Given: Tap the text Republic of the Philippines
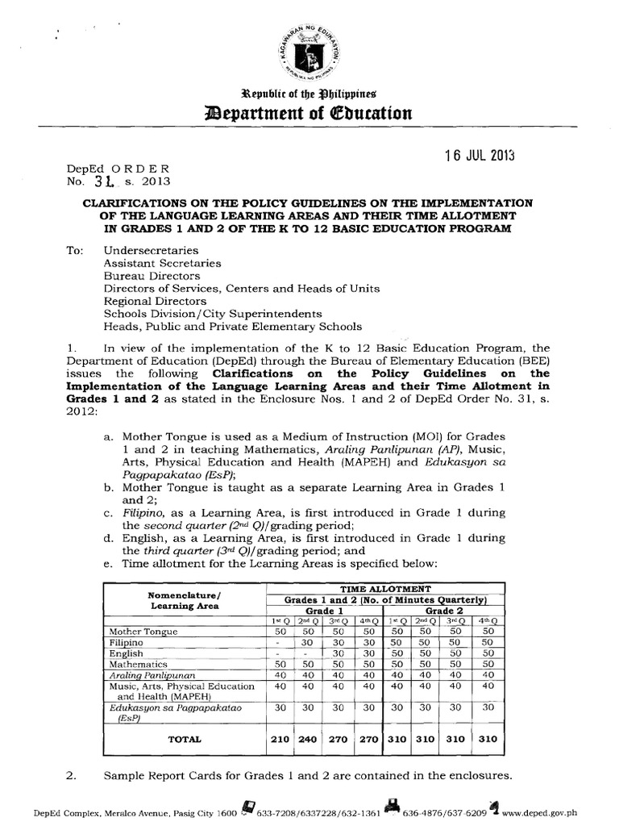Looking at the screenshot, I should click(309, 92).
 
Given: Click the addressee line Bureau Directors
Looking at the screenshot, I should click(151, 275).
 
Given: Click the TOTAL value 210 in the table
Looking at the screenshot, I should click(279, 738).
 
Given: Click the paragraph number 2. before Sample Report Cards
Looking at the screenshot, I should click(70, 776).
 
